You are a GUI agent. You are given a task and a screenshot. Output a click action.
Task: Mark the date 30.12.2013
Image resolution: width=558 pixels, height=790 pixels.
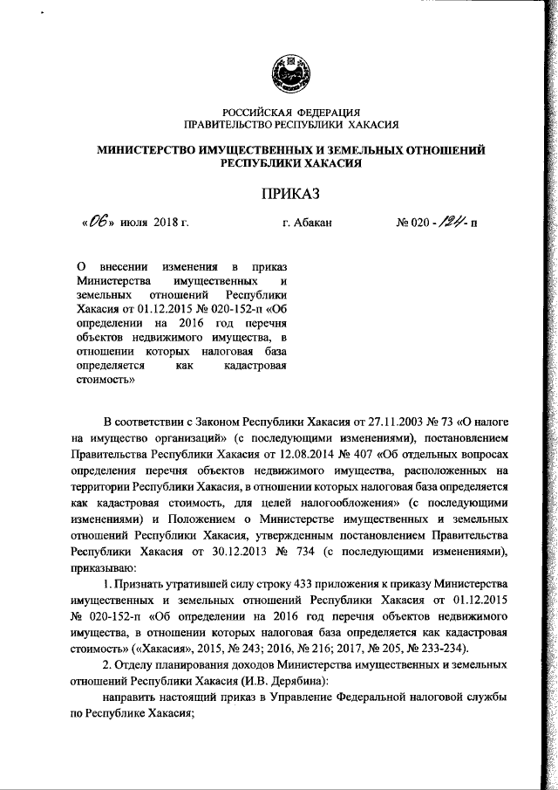(x=237, y=552)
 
